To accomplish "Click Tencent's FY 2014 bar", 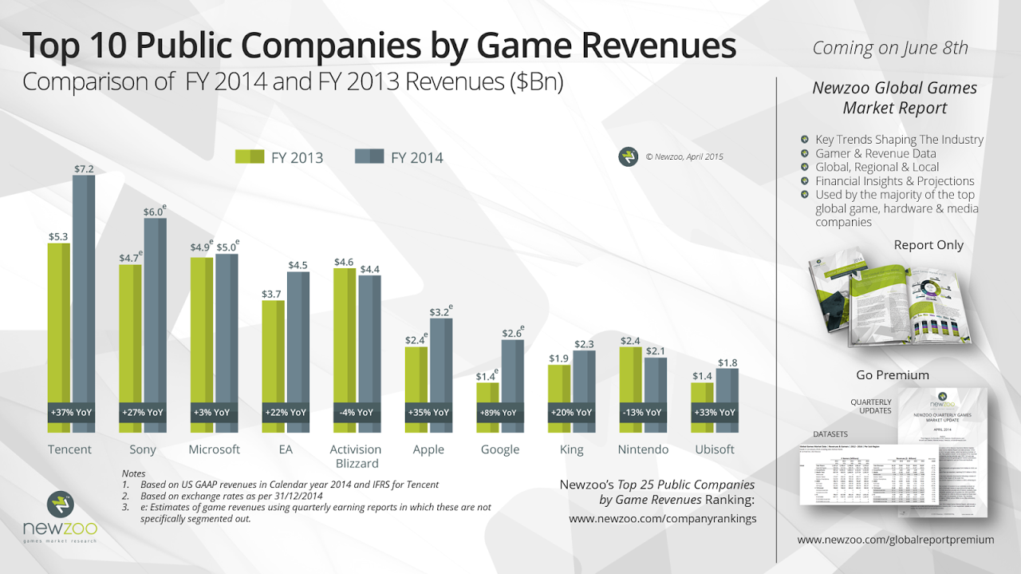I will point(84,295).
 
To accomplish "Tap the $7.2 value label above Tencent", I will point(85,168).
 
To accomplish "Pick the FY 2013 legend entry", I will point(279,157).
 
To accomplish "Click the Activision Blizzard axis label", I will point(356,456).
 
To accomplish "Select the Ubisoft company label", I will point(714,449).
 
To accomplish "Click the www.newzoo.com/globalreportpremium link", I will point(896,540).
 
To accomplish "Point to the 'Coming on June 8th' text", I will point(890,48).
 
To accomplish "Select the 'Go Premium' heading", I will point(893,374).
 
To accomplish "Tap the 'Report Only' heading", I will point(928,245).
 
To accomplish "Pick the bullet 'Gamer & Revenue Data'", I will point(875,153).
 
